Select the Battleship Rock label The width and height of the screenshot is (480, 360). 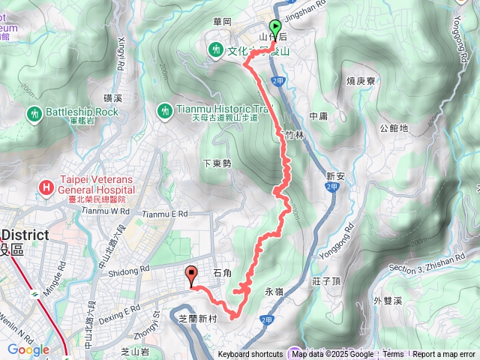tap(82, 112)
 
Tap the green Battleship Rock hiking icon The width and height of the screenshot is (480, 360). tap(33, 113)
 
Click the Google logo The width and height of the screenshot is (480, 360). tap(28, 349)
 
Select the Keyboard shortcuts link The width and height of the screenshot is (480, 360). tap(250, 355)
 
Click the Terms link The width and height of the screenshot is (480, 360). tap(393, 355)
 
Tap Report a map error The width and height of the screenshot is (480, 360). tap(444, 355)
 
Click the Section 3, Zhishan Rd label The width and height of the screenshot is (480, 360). tap(434, 259)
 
